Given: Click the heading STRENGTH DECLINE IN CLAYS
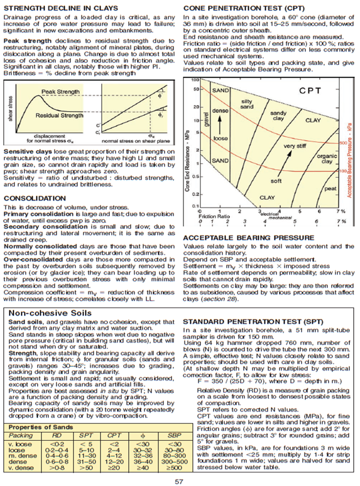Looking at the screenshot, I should [61, 8].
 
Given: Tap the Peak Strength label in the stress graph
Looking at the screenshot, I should [60, 92].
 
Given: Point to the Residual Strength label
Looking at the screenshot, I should [60, 115].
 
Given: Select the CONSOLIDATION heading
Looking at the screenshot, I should [35, 199].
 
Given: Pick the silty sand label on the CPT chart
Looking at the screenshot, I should [247, 104].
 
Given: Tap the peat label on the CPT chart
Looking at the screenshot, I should [330, 189].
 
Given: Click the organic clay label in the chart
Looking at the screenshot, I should [327, 159].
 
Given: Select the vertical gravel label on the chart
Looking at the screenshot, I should [207, 118].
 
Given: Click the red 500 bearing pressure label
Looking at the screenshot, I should [342, 144].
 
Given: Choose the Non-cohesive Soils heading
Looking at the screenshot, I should [50, 313].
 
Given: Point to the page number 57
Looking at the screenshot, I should [179, 481].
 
